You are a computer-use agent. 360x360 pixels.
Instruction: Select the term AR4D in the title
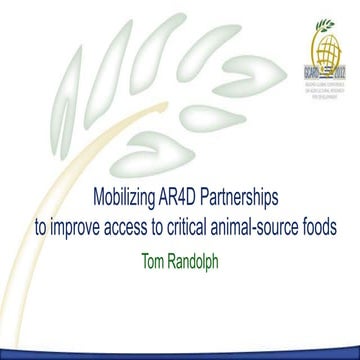point(200,197)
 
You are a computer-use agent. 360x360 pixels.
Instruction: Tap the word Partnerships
point(254,198)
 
